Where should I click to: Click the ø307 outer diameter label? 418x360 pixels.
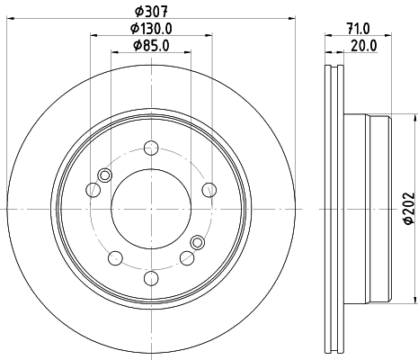[x=151, y=12]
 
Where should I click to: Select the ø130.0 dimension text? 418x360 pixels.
[x=151, y=29]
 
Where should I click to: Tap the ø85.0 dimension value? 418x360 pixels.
[x=151, y=46]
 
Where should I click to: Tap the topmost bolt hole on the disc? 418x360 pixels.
[x=151, y=148]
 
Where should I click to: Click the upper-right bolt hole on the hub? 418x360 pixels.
[x=209, y=188]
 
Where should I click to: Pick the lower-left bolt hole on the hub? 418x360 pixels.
[x=113, y=258]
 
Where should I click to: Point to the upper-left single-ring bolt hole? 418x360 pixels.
[x=93, y=189]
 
